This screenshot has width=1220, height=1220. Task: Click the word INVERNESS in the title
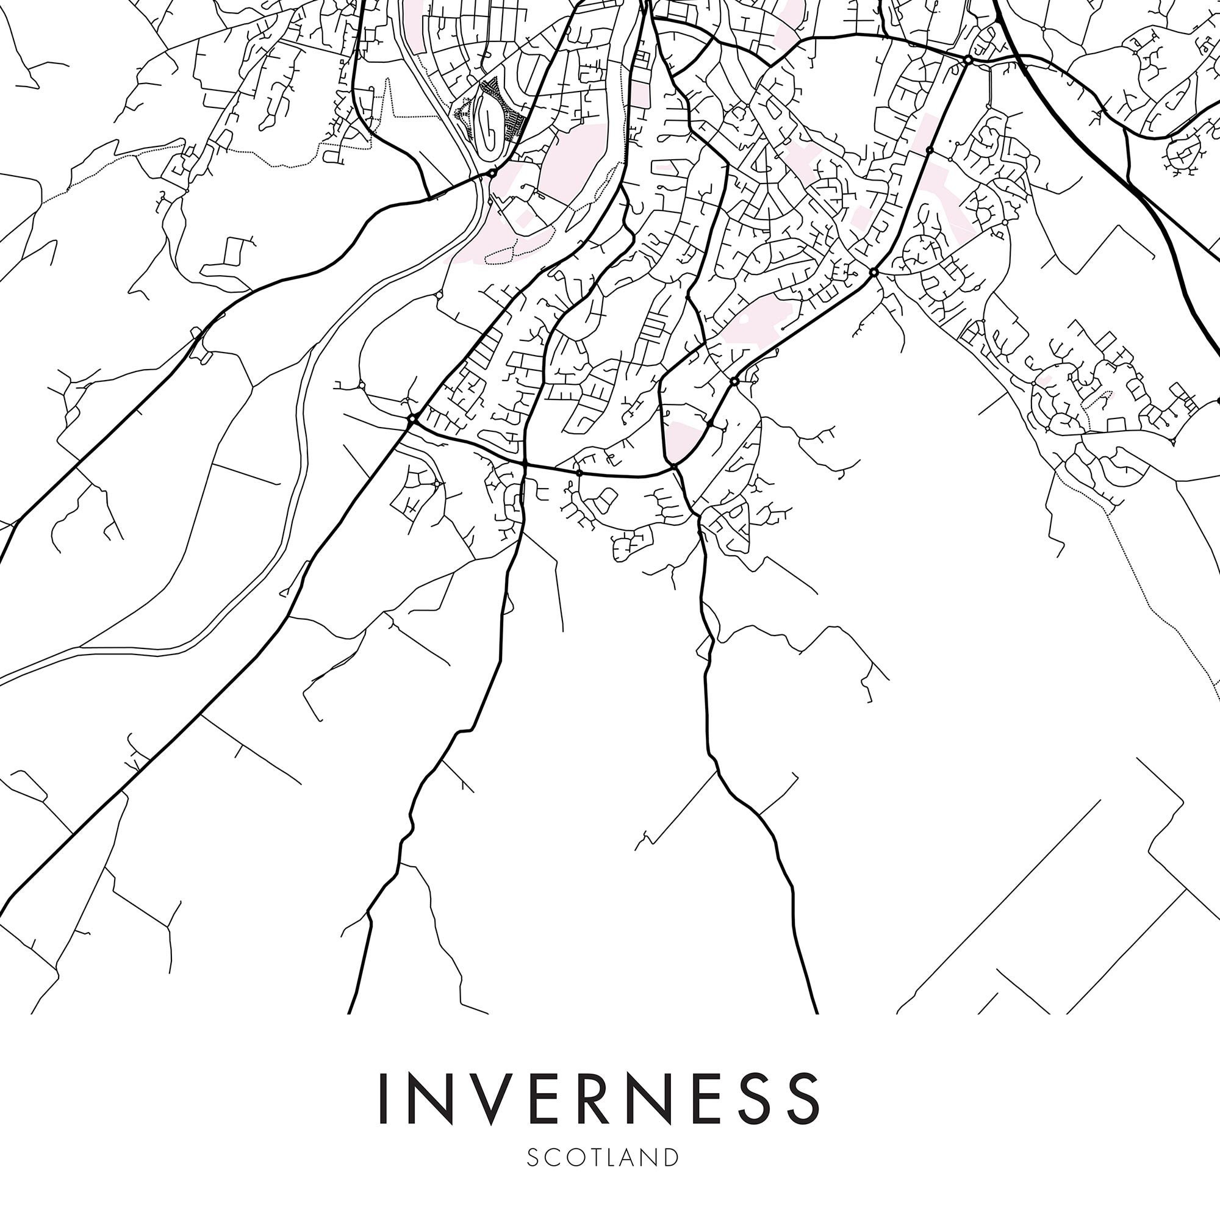tap(598, 1099)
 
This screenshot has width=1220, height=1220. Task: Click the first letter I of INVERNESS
tap(382, 1099)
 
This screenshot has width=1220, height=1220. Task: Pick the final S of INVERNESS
tap(801, 1099)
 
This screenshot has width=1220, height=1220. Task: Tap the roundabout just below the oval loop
tap(492, 172)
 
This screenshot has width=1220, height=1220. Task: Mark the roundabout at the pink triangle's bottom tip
tap(674, 466)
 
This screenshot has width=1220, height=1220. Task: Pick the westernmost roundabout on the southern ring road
tap(412, 418)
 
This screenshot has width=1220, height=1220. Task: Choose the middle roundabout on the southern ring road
tap(579, 472)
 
